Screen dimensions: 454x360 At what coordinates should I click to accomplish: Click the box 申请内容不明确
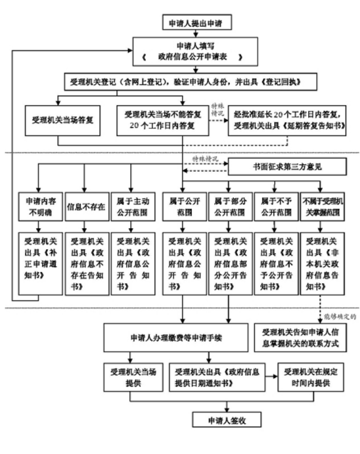tap(38, 204)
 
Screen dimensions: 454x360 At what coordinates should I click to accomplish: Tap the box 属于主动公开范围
tap(132, 204)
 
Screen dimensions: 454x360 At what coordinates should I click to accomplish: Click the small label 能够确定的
tap(340, 316)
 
